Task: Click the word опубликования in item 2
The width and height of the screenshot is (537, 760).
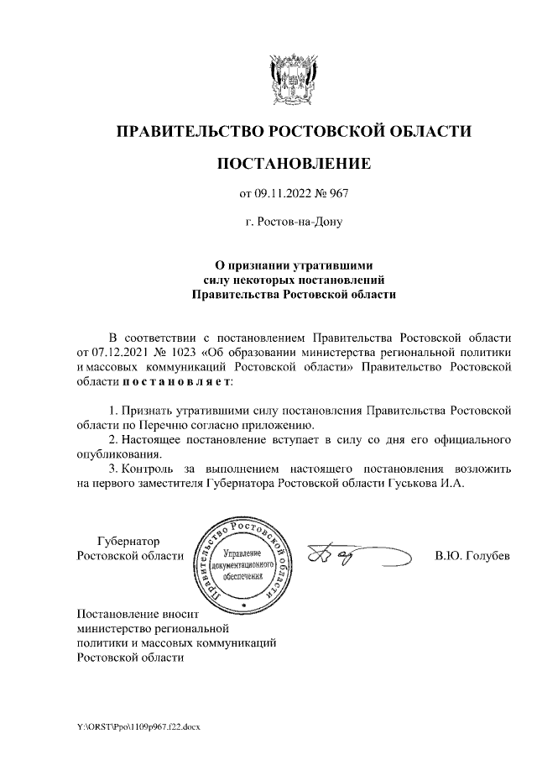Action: [113, 455]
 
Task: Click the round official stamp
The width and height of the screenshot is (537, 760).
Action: [242, 562]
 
